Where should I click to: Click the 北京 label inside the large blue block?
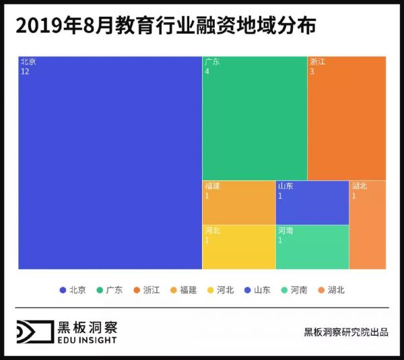(28, 61)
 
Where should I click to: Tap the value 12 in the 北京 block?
(25, 71)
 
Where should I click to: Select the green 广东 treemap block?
(255, 118)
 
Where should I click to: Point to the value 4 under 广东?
(207, 71)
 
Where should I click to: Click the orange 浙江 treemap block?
(346, 118)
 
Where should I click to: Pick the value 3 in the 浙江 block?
(312, 71)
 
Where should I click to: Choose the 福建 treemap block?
(238, 202)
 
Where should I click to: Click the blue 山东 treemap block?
(312, 202)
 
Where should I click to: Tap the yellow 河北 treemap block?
(238, 247)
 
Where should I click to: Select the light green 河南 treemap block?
(312, 247)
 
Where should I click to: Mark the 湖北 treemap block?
(367, 225)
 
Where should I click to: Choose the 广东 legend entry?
(110, 290)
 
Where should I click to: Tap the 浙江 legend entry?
(147, 290)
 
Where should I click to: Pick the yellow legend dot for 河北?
(211, 290)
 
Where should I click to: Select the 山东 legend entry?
(257, 290)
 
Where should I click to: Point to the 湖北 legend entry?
(331, 290)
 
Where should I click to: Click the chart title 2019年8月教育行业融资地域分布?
(165, 26)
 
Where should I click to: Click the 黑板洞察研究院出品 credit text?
(346, 332)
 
